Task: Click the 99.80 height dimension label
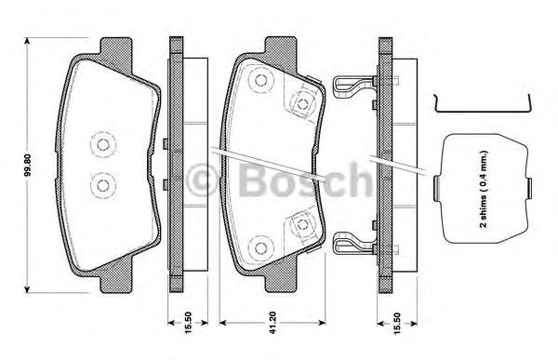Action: pyautogui.click(x=29, y=166)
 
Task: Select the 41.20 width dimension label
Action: pyautogui.click(x=272, y=323)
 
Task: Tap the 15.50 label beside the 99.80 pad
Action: pyautogui.click(x=188, y=323)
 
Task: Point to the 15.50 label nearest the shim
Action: pyautogui.click(x=397, y=323)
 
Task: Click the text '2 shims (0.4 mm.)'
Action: pyautogui.click(x=484, y=189)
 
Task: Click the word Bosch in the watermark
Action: pyautogui.click(x=305, y=180)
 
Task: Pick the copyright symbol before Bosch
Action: pyautogui.click(x=202, y=180)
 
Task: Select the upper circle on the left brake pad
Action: pyautogui.click(x=103, y=145)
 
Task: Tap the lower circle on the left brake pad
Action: pyautogui.click(x=103, y=185)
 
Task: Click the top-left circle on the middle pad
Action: pyautogui.click(x=260, y=81)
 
